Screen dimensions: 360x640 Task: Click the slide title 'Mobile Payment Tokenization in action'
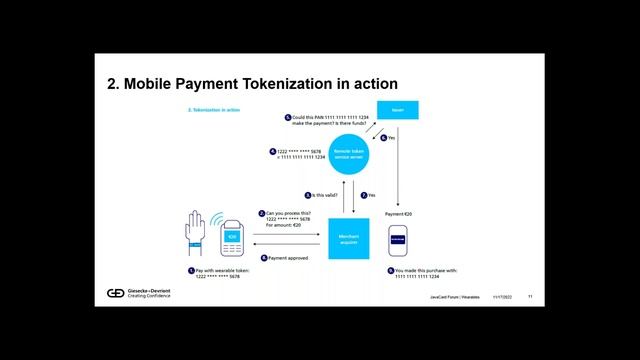(x=253, y=84)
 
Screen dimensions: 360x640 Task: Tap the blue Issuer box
(x=397, y=111)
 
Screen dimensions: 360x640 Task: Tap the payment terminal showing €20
(x=231, y=237)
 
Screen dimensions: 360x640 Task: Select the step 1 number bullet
(x=191, y=270)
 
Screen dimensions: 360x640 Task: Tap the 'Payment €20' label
(x=398, y=214)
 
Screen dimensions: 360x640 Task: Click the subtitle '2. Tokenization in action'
(x=213, y=108)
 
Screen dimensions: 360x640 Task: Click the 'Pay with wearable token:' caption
(x=222, y=270)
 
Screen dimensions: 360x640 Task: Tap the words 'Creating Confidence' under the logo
(x=150, y=297)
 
